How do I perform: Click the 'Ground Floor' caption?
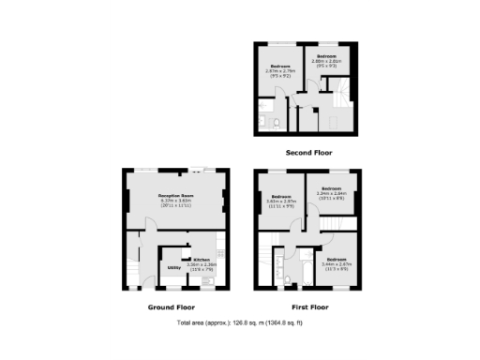[x=172, y=307]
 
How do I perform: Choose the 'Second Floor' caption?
[x=308, y=152]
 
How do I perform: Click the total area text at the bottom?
[x=240, y=323]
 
